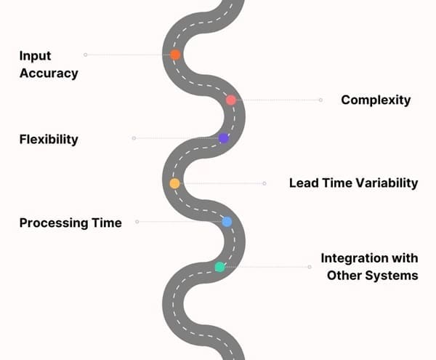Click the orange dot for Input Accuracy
click(175, 55)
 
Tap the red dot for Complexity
click(231, 100)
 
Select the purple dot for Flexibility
click(224, 138)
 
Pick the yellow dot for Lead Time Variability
click(174, 183)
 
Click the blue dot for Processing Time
click(227, 221)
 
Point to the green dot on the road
click(220, 267)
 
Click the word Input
click(35, 56)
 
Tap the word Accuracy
click(49, 73)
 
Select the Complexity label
click(376, 100)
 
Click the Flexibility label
click(49, 139)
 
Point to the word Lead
click(302, 183)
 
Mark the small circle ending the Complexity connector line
click(320, 100)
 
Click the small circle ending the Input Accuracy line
click(85, 55)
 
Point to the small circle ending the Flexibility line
click(134, 138)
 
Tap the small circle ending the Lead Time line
click(265, 183)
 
